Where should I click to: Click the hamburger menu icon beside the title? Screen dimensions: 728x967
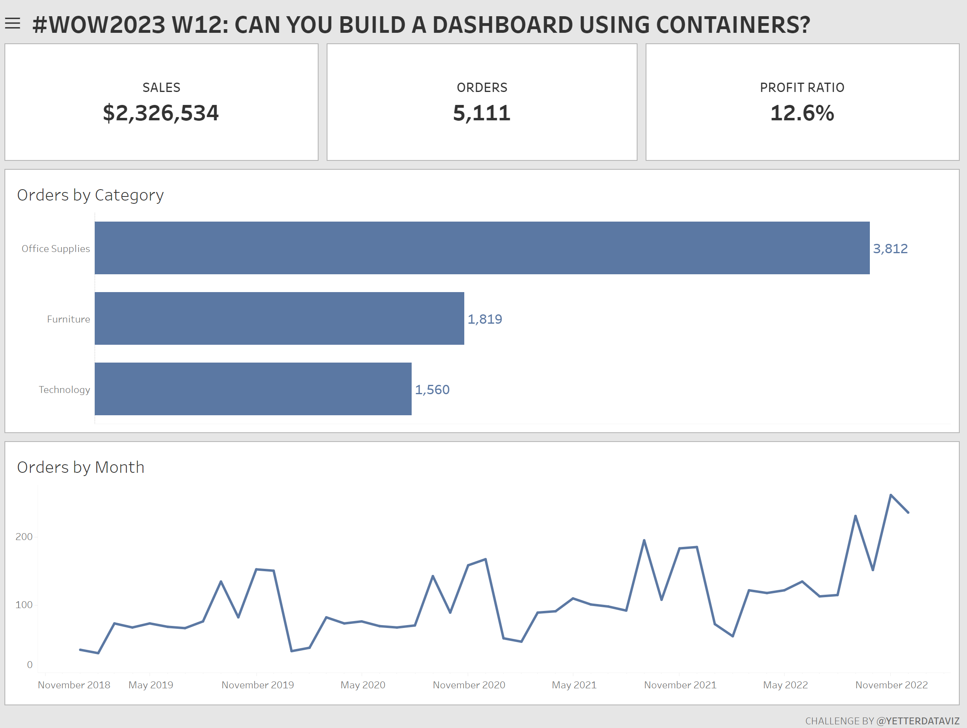(13, 23)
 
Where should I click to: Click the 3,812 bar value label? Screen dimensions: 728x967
(890, 248)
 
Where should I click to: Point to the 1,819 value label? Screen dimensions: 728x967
(485, 319)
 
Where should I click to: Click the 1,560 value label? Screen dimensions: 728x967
(432, 389)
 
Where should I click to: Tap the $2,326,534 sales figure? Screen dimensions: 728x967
(161, 113)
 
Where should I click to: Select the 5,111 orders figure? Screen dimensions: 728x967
(482, 113)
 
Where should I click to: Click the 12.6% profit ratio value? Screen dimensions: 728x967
(802, 113)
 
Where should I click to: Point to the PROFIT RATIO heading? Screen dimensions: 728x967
(802, 88)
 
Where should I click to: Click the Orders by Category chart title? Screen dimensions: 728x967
(90, 195)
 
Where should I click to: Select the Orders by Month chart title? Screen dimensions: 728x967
(81, 467)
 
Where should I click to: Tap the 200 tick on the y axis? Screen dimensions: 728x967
(24, 537)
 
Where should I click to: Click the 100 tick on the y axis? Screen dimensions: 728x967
(24, 604)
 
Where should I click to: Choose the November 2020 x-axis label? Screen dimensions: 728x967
(469, 685)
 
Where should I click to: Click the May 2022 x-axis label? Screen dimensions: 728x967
(785, 685)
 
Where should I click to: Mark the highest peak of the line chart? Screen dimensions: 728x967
(890, 495)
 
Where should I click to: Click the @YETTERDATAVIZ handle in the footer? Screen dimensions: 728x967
(918, 721)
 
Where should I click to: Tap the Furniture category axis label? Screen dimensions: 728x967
(69, 319)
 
